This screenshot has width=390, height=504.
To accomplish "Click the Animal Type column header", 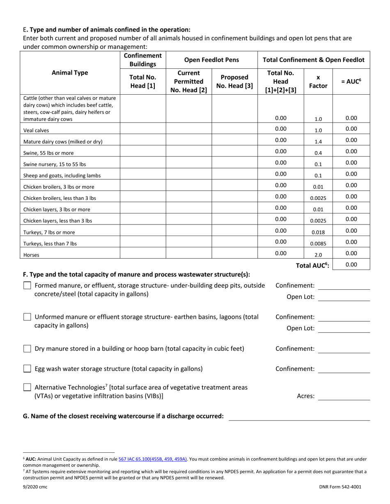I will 70,73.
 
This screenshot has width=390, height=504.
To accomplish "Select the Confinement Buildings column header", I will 142,59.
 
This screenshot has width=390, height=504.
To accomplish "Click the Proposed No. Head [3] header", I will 234,81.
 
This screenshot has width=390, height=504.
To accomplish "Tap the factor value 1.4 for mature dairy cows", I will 318,141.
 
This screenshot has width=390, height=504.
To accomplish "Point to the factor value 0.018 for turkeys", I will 318,232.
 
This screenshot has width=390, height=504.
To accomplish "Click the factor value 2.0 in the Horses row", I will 318,255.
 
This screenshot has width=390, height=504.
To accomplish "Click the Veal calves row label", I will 36,130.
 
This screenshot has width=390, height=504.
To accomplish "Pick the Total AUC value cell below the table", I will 351,265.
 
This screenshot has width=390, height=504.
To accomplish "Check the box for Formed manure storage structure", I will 27,286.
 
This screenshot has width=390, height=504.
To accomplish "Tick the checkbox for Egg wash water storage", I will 27,369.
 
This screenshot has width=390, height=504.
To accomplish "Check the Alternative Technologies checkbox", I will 27,387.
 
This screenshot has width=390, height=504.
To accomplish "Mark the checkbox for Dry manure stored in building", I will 27,349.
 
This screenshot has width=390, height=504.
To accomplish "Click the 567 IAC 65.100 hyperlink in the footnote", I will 153,460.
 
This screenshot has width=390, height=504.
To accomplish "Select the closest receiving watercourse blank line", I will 299,416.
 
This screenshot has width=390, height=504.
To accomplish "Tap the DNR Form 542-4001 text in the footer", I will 340,487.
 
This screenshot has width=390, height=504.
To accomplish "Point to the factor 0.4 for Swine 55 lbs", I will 318,153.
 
